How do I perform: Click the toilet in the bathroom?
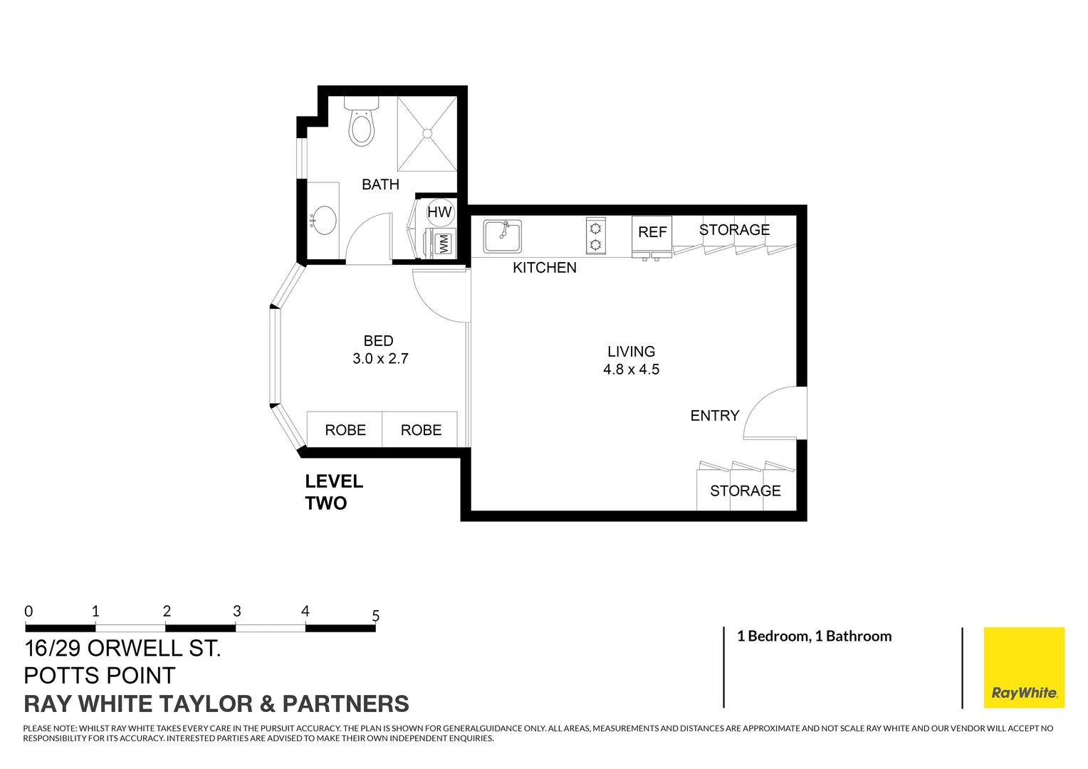362,126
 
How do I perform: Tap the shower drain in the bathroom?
427,133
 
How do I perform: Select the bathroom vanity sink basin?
325,220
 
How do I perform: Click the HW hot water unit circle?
439,211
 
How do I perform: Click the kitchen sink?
503,236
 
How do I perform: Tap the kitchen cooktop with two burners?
595,236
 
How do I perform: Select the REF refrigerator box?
652,233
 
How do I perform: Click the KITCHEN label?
545,268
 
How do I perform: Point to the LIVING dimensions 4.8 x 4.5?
631,370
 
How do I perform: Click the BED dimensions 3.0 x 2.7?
380,359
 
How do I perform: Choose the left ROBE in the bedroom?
345,430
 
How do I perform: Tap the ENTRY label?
714,416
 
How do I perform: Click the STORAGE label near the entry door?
745,491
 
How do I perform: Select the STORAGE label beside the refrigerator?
734,230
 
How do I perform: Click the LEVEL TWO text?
334,492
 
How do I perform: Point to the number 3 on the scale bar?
237,612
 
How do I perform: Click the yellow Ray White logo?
1023,667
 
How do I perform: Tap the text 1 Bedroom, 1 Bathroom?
814,637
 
